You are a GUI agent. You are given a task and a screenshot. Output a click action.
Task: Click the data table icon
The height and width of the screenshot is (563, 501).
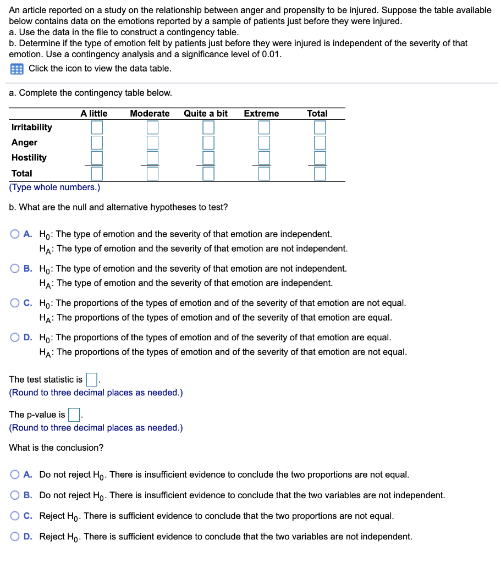click(16, 69)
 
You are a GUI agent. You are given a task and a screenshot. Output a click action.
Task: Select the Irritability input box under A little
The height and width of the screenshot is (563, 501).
click(97, 128)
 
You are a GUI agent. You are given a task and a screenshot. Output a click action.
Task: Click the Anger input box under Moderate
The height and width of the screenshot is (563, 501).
click(152, 142)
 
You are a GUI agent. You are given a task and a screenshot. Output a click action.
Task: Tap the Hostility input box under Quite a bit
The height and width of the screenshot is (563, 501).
click(208, 158)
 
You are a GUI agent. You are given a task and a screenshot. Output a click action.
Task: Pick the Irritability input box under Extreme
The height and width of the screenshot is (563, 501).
click(265, 128)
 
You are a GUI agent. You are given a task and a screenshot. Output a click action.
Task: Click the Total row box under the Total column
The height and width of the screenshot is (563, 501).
click(320, 174)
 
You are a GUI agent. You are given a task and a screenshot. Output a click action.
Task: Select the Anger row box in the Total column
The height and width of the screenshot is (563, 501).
click(320, 142)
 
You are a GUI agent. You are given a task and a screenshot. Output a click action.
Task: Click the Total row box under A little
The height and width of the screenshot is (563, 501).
click(97, 174)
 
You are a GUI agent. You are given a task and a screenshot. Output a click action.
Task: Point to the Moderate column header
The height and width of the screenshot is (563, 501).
click(150, 113)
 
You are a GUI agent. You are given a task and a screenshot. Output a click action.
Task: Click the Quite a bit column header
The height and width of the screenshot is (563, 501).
click(206, 113)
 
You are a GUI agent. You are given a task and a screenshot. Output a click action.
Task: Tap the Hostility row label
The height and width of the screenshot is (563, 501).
click(29, 158)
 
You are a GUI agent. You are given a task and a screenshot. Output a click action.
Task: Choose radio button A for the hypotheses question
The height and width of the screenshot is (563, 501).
click(15, 234)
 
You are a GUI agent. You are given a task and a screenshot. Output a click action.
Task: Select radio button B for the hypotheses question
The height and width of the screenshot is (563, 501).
click(15, 269)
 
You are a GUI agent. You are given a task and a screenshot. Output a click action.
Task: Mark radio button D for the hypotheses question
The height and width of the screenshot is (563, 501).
click(15, 338)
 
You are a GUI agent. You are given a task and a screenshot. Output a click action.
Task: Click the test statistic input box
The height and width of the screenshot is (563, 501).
click(92, 379)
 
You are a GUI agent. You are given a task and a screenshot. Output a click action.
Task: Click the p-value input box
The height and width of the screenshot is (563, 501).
click(74, 415)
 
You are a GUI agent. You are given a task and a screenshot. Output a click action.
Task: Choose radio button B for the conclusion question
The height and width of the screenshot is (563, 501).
click(15, 495)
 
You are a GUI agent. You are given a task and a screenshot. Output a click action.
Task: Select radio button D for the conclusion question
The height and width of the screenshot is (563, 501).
click(15, 537)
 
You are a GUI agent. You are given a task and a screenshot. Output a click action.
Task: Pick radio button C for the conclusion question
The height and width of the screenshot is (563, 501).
click(15, 516)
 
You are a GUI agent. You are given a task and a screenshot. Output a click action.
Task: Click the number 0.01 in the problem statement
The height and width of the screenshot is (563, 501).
click(269, 54)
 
